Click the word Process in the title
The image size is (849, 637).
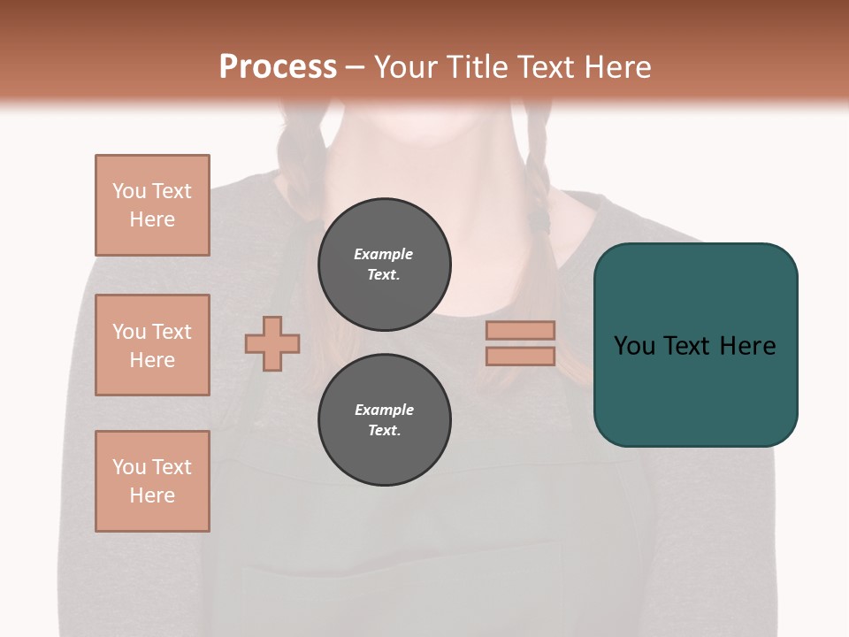(x=278, y=67)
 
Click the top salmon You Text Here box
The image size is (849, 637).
(x=152, y=205)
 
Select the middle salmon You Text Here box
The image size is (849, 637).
(x=152, y=345)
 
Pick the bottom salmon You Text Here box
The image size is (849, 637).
(x=152, y=481)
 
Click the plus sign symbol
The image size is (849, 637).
(x=272, y=343)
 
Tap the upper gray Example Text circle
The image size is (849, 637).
(x=385, y=265)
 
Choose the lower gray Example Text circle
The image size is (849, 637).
(x=385, y=420)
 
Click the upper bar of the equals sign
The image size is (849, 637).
(x=521, y=330)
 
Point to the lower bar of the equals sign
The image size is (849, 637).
(x=521, y=356)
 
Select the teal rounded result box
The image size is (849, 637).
(x=695, y=345)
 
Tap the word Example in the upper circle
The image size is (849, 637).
(x=383, y=254)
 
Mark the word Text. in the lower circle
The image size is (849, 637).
(x=384, y=431)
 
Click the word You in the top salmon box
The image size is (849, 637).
(x=129, y=191)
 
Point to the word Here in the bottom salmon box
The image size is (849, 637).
(x=152, y=495)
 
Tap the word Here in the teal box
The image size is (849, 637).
(x=747, y=346)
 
